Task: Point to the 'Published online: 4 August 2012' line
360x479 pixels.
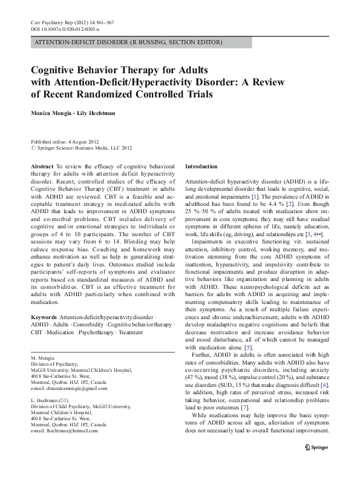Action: point(62,140)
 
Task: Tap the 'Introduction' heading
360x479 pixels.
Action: point(202,166)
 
